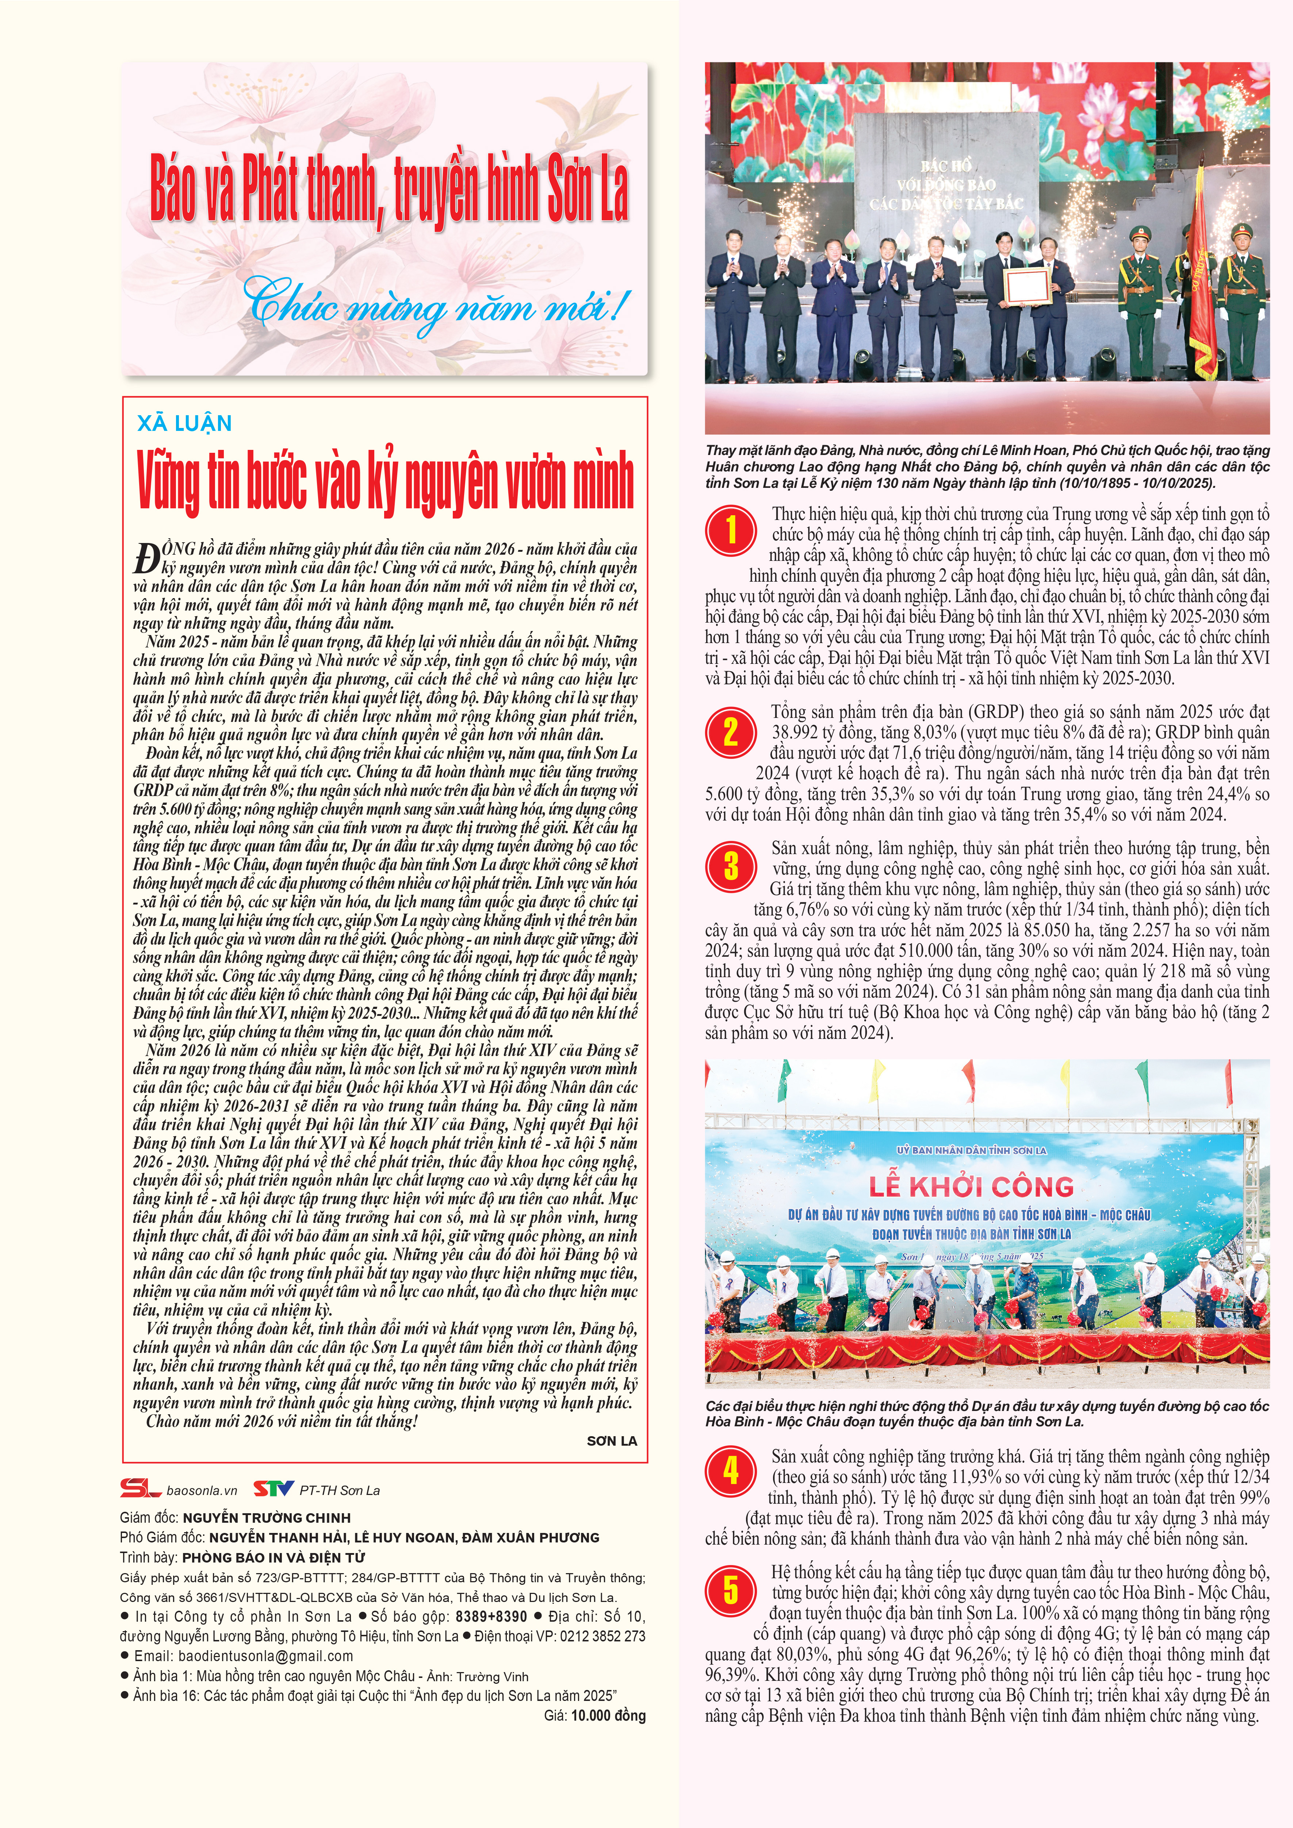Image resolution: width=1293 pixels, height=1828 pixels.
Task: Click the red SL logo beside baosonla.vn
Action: tap(141, 1489)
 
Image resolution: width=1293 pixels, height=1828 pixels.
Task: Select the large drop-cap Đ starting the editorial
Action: tap(146, 559)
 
